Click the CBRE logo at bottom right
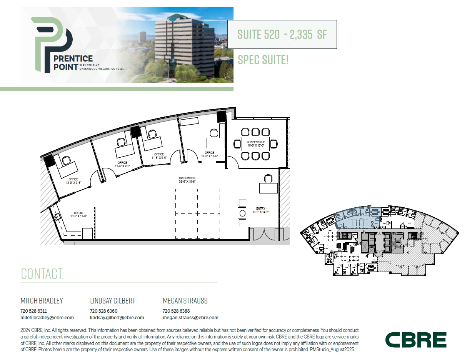416,340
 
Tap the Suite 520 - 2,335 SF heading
282,34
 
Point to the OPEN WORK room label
187,180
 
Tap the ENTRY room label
260,210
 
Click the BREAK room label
78,214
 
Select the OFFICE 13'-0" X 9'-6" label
73,181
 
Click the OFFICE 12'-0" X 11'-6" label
209,154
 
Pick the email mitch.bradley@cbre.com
47,318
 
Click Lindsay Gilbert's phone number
103,311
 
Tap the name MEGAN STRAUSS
185,301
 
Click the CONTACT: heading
42,274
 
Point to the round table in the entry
242,213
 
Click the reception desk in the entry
268,188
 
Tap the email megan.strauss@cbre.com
190,318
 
